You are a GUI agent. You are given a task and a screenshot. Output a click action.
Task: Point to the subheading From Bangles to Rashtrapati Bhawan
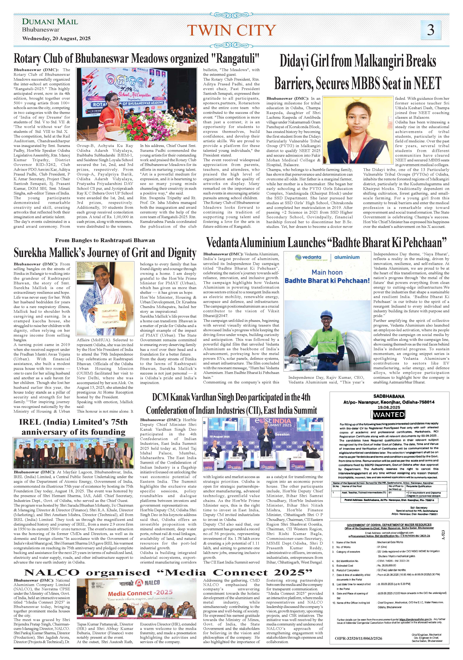pyautogui.click(x=105, y=240)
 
